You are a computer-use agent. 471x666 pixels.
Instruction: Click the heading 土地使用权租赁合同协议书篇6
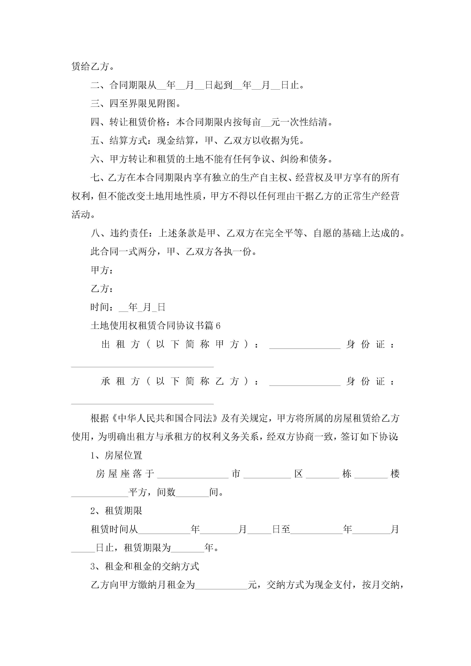click(155, 326)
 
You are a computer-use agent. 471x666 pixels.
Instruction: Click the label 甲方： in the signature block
click(102, 270)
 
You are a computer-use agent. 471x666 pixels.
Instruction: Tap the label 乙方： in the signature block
click(102, 289)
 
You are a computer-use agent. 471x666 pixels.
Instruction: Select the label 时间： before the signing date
click(102, 307)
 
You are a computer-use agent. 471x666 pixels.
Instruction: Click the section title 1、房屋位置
click(116, 455)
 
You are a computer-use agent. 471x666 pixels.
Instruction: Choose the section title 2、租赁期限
click(116, 511)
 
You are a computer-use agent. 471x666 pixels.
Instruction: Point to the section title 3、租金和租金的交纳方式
click(145, 566)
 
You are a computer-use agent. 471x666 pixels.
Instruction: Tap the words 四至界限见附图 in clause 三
click(142, 103)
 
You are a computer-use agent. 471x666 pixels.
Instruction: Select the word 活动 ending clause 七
click(81, 215)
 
